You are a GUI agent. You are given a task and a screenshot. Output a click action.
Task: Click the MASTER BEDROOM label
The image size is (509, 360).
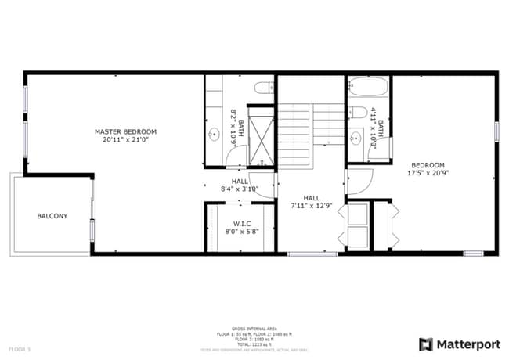125,131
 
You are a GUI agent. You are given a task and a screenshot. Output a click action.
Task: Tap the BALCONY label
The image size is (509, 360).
52,216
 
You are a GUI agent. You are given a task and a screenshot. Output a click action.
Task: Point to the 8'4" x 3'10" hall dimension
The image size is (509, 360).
240,189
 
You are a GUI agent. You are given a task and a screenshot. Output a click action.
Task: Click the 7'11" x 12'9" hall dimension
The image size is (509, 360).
312,207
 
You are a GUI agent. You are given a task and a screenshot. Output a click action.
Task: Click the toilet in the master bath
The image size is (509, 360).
264,86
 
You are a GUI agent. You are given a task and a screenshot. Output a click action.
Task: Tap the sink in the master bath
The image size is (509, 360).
213,134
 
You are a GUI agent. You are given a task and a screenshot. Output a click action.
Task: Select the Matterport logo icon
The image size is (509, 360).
426,344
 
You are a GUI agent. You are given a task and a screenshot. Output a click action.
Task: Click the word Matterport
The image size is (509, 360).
467,344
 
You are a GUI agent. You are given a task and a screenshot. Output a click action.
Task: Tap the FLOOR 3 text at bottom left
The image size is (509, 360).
20,348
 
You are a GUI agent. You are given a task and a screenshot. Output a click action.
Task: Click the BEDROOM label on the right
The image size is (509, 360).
428,165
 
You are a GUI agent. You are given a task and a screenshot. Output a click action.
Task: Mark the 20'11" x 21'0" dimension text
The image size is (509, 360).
125,140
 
